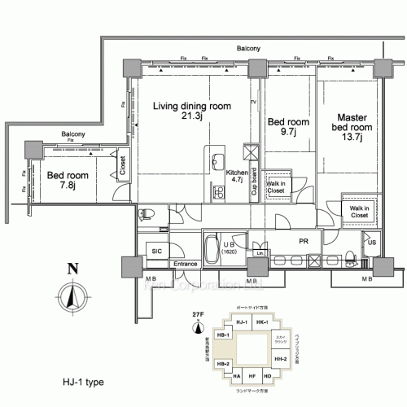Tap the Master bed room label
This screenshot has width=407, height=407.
352,127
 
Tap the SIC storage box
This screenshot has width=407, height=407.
156,252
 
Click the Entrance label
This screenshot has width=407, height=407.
186,264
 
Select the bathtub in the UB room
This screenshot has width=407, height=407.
212,248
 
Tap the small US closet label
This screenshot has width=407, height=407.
371,243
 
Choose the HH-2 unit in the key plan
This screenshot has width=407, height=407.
281,358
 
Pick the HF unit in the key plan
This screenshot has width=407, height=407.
252,377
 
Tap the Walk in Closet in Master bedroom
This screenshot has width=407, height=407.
357,211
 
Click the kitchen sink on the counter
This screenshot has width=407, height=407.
217,160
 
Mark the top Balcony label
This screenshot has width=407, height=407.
249,50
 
